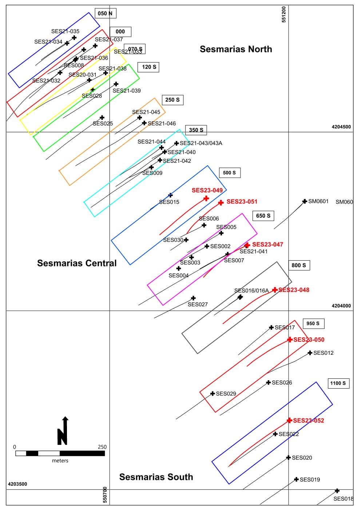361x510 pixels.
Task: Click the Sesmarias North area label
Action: point(236,49)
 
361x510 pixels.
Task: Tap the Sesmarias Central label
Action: point(77,263)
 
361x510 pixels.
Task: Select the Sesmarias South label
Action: point(156,477)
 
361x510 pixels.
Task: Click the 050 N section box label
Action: point(105,13)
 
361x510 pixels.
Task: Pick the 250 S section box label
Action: point(172,100)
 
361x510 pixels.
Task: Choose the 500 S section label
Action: point(229,173)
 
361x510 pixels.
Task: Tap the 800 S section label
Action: point(299,265)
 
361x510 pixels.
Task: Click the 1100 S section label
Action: point(338,383)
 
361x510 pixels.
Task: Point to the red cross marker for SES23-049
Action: point(206,198)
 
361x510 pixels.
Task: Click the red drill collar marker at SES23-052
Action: point(289,421)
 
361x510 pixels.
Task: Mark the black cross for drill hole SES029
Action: point(213,393)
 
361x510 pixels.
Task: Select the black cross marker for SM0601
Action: point(305,201)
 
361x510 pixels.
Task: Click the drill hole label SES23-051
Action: point(242,201)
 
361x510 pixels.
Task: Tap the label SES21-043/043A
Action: point(201,143)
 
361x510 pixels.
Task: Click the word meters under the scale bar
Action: point(60,461)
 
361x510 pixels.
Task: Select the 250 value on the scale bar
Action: point(102,447)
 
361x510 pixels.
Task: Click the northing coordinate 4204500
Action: point(341,127)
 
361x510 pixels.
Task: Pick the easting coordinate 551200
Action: point(284,14)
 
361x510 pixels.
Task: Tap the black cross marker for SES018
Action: point(337,491)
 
